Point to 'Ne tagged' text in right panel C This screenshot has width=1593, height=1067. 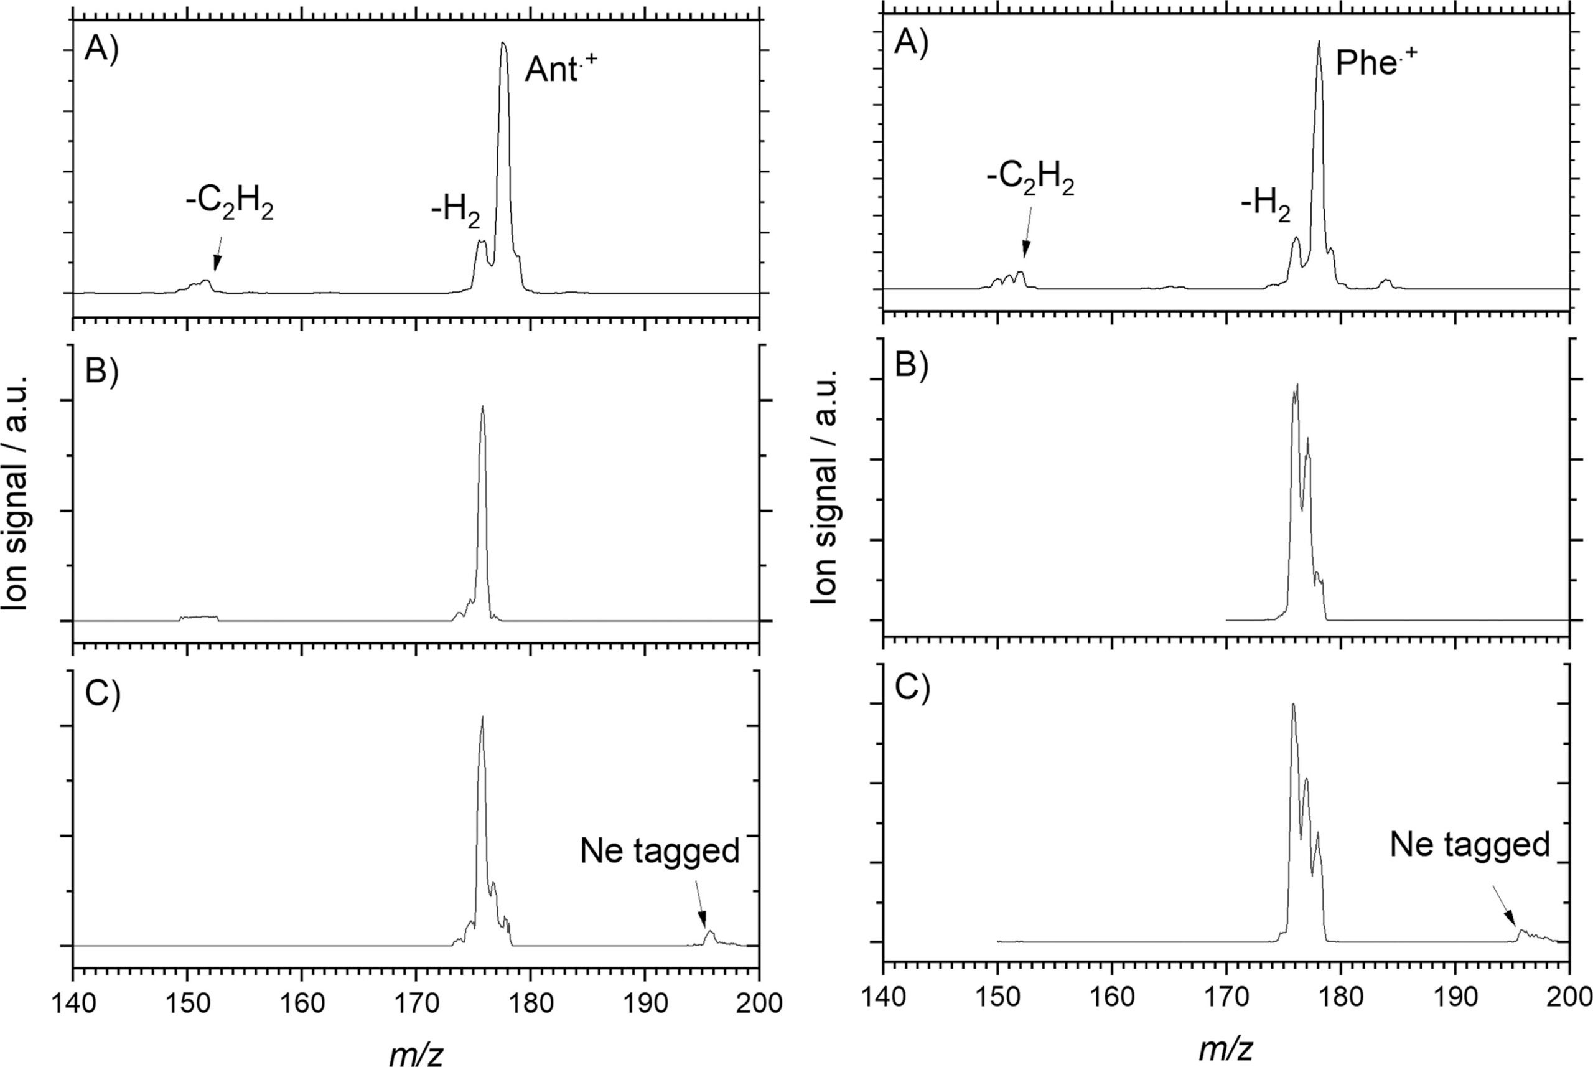[1469, 845]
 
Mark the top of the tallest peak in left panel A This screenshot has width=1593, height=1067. [503, 44]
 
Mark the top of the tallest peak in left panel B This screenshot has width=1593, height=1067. [483, 407]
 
